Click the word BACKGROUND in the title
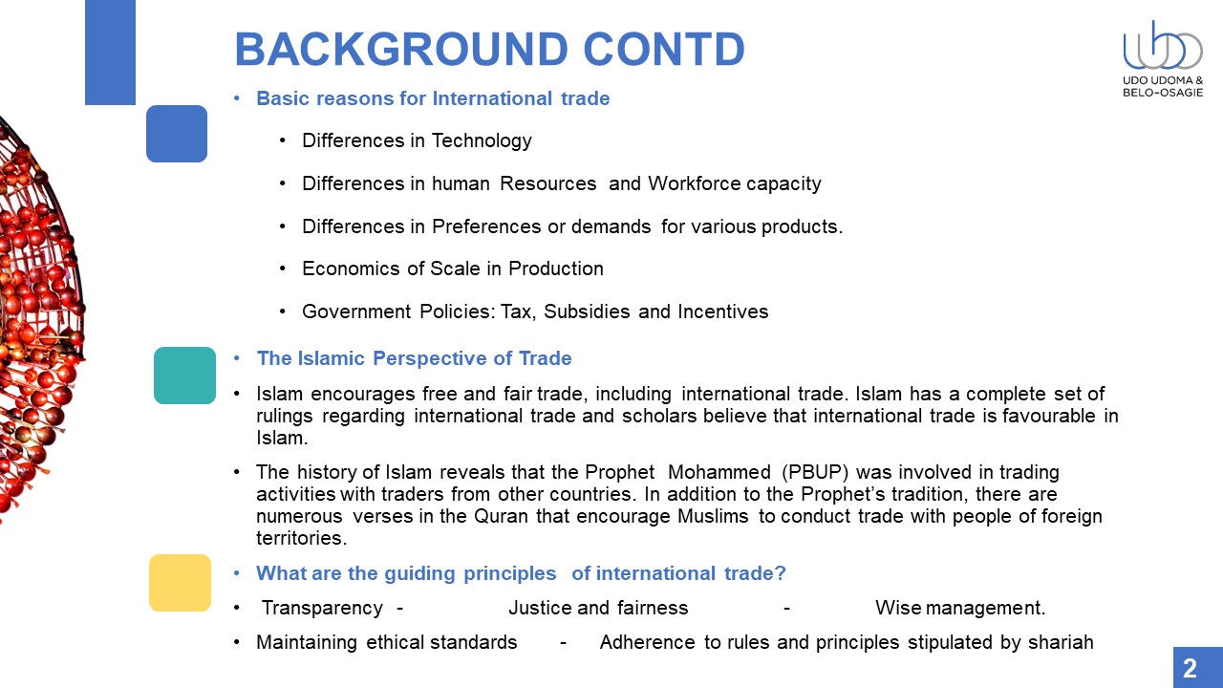pos(401,49)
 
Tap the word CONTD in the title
pos(664,49)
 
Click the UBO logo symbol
pos(1163,46)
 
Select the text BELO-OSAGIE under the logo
pos(1163,93)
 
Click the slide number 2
pos(1191,668)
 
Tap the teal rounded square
pos(184,376)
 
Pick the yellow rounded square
pos(181,583)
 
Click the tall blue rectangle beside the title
pos(110,53)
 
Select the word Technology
pos(482,141)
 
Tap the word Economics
pos(350,269)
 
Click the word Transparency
pos(322,609)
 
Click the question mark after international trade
pos(780,573)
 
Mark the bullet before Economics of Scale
pos(282,269)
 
